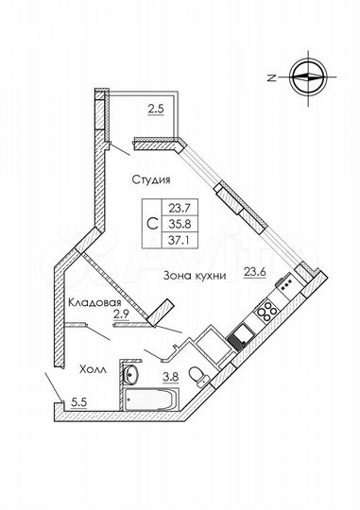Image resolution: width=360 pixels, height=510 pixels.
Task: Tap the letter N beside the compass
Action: click(x=270, y=77)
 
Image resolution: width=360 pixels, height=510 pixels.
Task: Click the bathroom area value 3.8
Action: click(x=172, y=378)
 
